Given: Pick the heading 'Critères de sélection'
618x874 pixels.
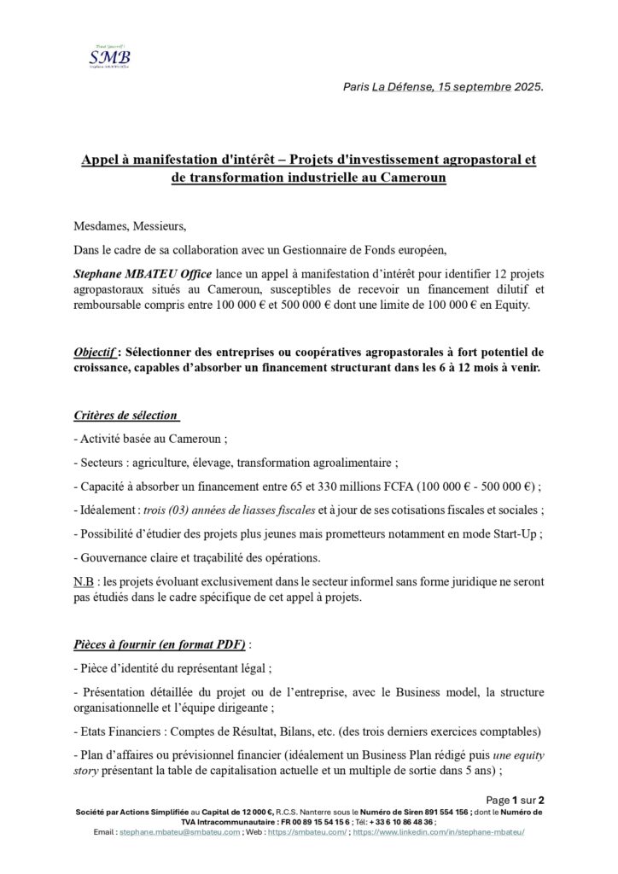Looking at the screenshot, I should tap(125, 416).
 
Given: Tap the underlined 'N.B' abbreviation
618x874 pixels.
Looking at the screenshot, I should tap(85, 580).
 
